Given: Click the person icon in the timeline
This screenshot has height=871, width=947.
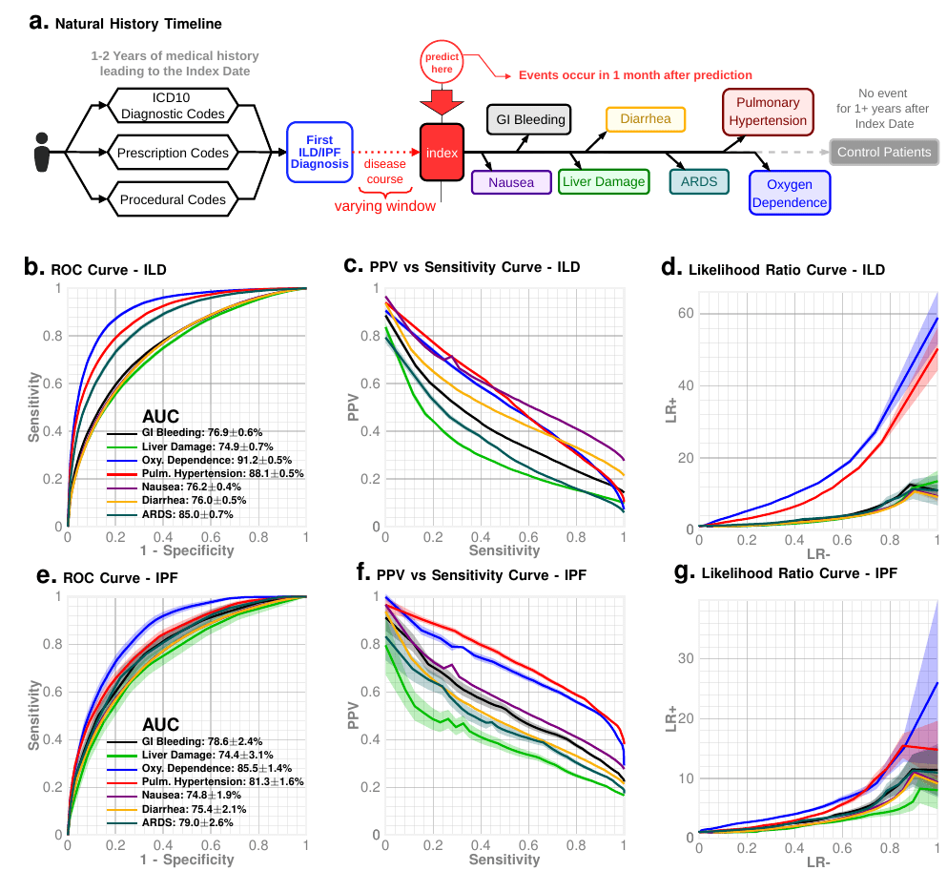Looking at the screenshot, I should pyautogui.click(x=41, y=152).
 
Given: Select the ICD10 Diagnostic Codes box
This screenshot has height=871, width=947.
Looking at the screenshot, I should pyautogui.click(x=173, y=106).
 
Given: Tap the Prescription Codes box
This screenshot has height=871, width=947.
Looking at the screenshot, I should pyautogui.click(x=173, y=153).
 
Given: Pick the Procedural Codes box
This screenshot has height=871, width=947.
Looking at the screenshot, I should pyautogui.click(x=173, y=199).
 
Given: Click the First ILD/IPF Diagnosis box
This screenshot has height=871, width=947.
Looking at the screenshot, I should pyautogui.click(x=319, y=152).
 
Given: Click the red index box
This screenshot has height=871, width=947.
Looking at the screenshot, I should pyautogui.click(x=442, y=153).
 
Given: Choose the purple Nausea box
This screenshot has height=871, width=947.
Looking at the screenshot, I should pyautogui.click(x=510, y=181).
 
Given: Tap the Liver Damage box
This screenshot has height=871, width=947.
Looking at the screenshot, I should pyautogui.click(x=603, y=181).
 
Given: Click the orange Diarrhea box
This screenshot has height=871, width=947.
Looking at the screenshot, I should pyautogui.click(x=646, y=120).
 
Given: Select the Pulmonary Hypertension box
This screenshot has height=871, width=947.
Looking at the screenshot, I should pyautogui.click(x=768, y=113).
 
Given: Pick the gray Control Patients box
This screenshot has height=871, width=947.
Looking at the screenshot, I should pyautogui.click(x=883, y=153).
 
